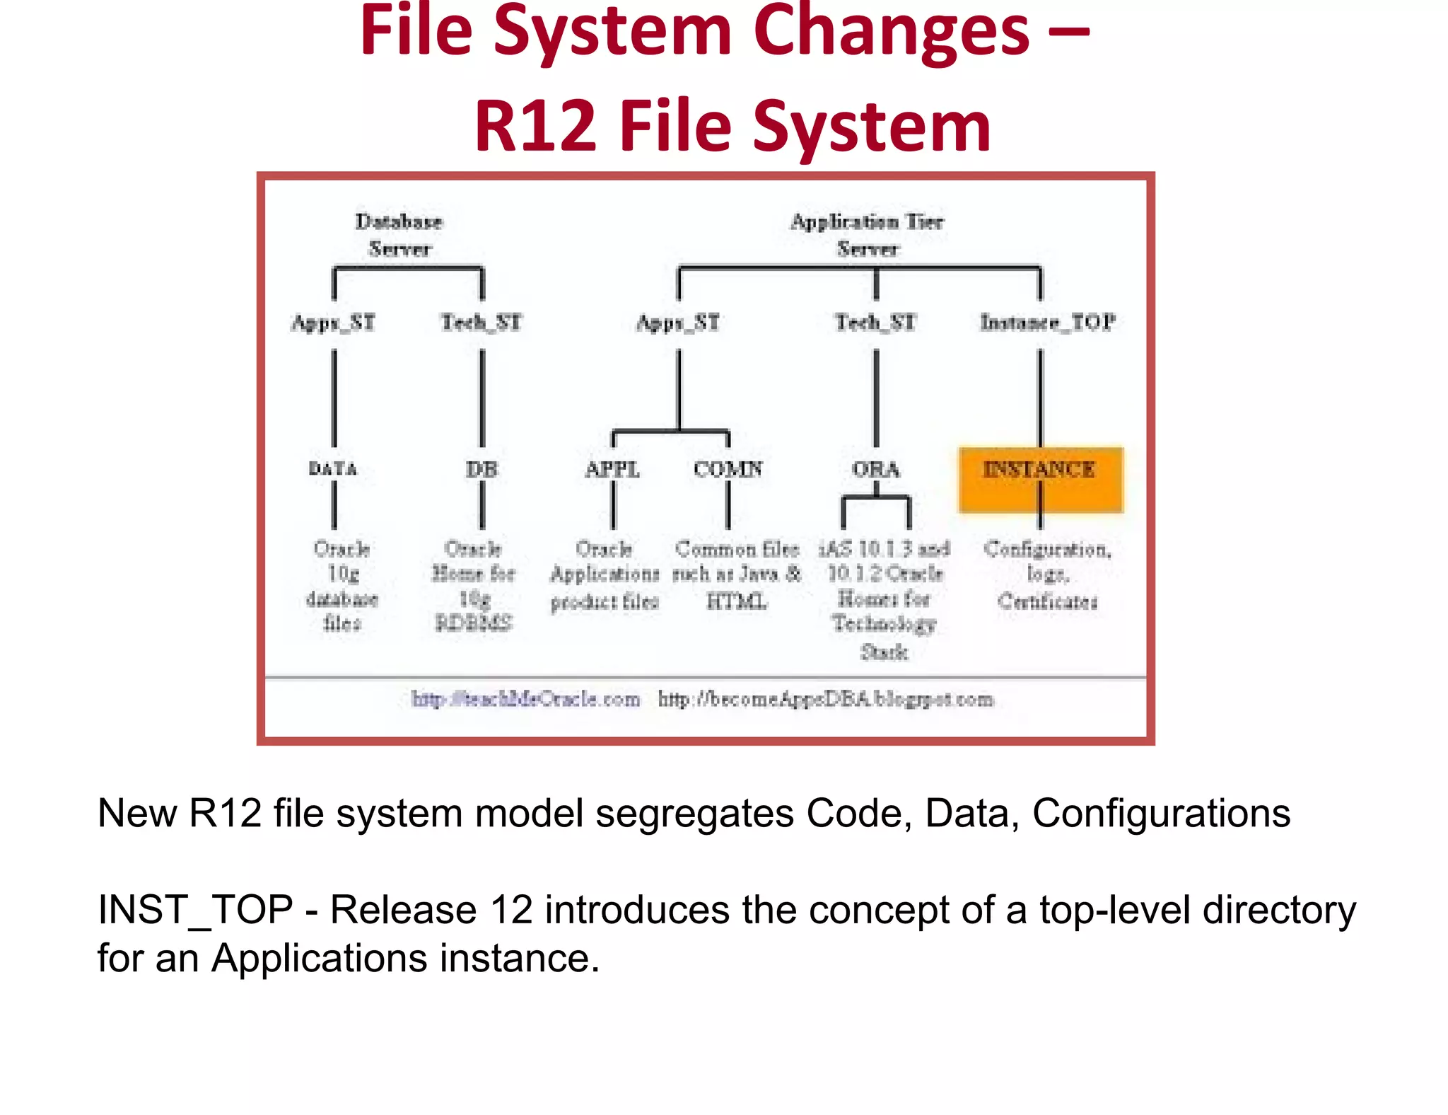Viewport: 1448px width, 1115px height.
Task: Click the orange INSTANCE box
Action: pyautogui.click(x=1040, y=479)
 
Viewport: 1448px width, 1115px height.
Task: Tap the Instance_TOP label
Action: pyautogui.click(x=1047, y=323)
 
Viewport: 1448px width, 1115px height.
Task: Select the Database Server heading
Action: pyautogui.click(x=399, y=235)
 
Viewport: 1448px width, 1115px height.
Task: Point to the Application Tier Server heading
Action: pyautogui.click(x=867, y=235)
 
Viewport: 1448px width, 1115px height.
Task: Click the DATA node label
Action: pyautogui.click(x=333, y=468)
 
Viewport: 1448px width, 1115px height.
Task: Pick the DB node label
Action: pyautogui.click(x=481, y=469)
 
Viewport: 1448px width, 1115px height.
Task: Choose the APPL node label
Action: pyautogui.click(x=612, y=469)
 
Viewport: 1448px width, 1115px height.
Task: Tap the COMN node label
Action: pyautogui.click(x=728, y=469)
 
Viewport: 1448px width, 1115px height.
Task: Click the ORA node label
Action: pyautogui.click(x=875, y=469)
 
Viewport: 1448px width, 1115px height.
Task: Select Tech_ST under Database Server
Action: pyautogui.click(x=481, y=323)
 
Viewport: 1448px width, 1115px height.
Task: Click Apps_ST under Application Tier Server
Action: pyautogui.click(x=677, y=323)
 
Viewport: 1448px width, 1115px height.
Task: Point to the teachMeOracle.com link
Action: pyautogui.click(x=525, y=699)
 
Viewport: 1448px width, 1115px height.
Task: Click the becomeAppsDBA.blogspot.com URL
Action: pyautogui.click(x=825, y=699)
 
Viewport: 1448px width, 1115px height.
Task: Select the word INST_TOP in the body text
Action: pyautogui.click(x=195, y=910)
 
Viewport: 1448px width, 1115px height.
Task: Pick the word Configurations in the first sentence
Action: pyautogui.click(x=1161, y=813)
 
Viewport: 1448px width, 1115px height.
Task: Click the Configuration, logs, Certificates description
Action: pyautogui.click(x=1047, y=574)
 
